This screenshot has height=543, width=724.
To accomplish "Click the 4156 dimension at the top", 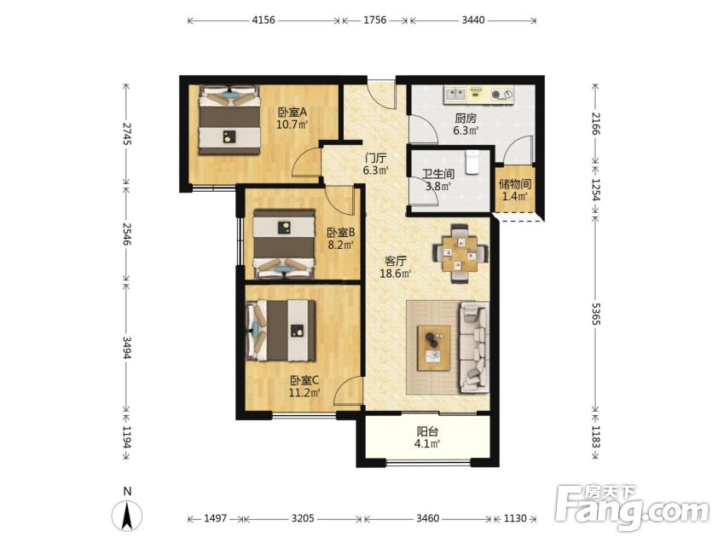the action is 264,20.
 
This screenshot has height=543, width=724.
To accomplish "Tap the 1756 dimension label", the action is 374,20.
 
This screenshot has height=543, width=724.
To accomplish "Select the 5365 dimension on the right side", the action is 595,314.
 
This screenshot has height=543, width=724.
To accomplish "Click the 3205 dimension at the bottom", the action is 303,518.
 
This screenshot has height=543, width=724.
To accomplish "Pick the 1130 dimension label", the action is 515,518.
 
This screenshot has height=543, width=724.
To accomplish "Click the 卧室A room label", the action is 292,113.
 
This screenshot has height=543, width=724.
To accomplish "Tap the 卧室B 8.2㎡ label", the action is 341,239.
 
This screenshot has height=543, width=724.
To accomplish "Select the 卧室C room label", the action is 304,380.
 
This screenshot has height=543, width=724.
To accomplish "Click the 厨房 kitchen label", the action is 466,118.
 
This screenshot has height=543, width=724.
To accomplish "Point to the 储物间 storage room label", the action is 515,184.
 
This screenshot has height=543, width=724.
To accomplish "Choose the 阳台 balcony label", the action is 427,431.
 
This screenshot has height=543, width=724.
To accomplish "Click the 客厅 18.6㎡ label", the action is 395,268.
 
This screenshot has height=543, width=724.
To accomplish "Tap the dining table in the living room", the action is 460,253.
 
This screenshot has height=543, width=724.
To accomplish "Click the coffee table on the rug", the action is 434,348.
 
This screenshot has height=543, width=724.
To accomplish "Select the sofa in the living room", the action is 474,348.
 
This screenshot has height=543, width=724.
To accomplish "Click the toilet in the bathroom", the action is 472,162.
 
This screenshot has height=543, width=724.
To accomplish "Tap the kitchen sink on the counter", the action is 455,95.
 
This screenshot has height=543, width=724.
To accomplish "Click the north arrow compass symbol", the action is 127,514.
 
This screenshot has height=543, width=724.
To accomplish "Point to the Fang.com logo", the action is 632,507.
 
